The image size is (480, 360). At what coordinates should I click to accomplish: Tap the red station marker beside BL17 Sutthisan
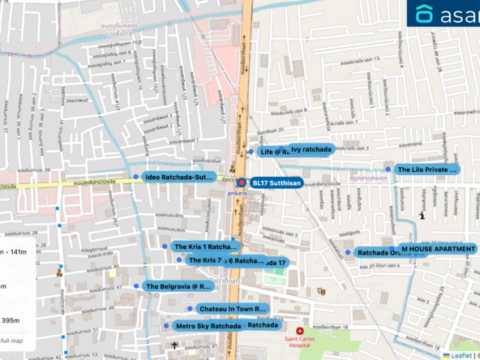pos(242,182)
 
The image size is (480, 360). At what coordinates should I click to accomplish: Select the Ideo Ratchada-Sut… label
pos(179,177)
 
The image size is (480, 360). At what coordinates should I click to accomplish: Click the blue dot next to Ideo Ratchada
pos(135,176)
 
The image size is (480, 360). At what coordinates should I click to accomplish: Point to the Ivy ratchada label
pos(312,149)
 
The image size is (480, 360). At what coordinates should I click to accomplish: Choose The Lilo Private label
pos(426,169)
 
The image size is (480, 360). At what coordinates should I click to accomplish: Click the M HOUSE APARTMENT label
pos(438,249)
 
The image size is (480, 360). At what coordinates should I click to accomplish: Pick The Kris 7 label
pos(204,261)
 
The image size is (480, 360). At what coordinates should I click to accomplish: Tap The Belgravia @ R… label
pos(178,286)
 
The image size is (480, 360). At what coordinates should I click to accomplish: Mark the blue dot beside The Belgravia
pos(137,286)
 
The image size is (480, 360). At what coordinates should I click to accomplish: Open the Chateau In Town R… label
pos(232,309)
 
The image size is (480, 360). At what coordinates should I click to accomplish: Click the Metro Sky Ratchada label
pos(208,326)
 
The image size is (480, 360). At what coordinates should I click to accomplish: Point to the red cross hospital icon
pos(300,332)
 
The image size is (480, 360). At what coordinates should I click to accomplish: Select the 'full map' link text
pos(16,340)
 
